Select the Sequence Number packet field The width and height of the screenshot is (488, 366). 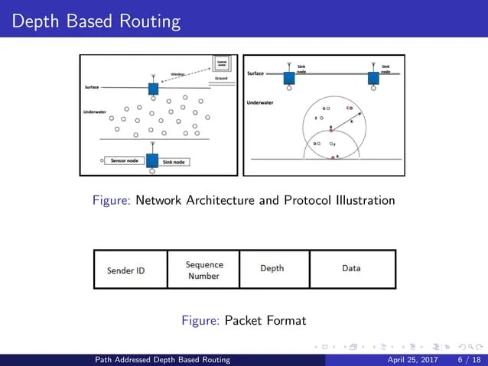click(204, 270)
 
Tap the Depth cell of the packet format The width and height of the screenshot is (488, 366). click(272, 268)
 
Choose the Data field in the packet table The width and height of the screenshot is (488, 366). click(351, 268)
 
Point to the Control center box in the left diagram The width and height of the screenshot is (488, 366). click(222, 63)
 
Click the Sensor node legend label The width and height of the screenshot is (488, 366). click(124, 161)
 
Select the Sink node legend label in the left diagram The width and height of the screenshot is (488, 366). click(175, 162)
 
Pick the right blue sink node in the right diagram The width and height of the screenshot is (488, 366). click(373, 78)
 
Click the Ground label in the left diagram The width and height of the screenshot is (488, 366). click(221, 78)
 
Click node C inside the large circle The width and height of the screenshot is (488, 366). click(350, 108)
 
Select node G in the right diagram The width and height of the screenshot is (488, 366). click(327, 109)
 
